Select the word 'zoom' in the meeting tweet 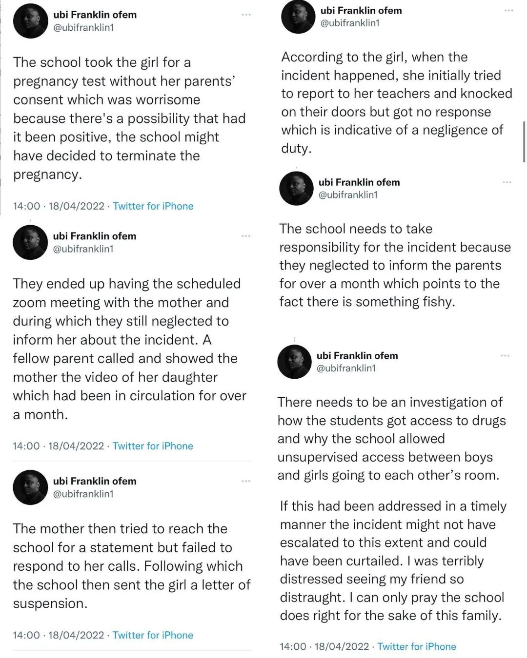pyautogui.click(x=30, y=303)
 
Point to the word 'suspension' pyautogui.click(x=50, y=604)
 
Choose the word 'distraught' pyautogui.click(x=312, y=598)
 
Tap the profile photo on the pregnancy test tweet pyautogui.click(x=31, y=21)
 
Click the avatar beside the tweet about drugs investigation pyautogui.click(x=294, y=362)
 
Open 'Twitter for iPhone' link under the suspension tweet pyautogui.click(x=153, y=635)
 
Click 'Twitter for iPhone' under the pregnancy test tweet pyautogui.click(x=153, y=206)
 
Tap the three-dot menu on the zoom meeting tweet pyautogui.click(x=246, y=236)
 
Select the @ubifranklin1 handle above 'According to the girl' pyautogui.click(x=350, y=23)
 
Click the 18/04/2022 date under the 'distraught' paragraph pyautogui.click(x=342, y=647)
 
